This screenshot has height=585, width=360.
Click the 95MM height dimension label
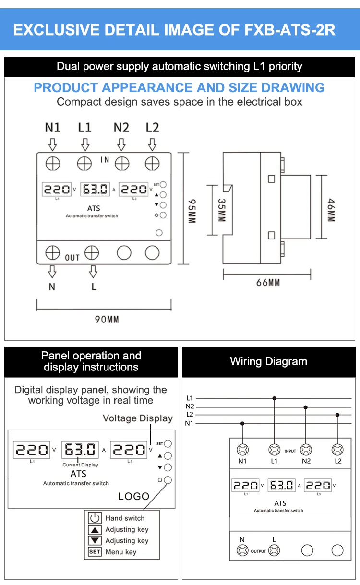pos(192,211)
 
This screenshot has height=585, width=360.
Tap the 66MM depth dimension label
pos(268,282)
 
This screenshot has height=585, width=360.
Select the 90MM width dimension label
pos(107,319)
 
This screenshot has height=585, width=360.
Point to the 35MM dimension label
pos(222,210)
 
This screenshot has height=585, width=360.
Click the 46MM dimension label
pos(331,210)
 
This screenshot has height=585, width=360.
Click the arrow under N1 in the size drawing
pos(53,144)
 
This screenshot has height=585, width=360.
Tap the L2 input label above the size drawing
pos(152,128)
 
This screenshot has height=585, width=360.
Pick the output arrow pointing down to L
pos(93,272)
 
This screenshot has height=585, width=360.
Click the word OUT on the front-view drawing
pos(72,258)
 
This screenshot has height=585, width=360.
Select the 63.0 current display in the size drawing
pos(95,189)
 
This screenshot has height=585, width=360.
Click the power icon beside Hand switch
pos(95,518)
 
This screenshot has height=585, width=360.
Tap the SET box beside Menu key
pos(95,551)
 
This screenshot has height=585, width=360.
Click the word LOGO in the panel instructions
pos(134,496)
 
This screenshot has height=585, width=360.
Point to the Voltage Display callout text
pos(138,418)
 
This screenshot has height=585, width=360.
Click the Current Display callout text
pos(80,465)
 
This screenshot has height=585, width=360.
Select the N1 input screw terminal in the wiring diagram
pos(242,450)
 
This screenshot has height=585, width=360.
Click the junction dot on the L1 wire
pos(274,398)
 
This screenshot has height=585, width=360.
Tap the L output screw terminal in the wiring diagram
pos(274,550)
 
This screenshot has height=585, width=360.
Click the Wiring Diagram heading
pos(269,361)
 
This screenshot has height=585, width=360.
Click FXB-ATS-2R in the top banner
pos(290,30)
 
